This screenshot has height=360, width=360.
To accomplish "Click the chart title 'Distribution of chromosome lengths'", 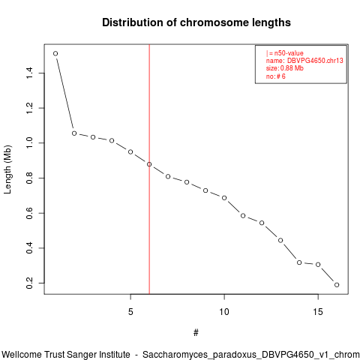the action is (196, 22).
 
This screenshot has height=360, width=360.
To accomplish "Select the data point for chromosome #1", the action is (55, 53).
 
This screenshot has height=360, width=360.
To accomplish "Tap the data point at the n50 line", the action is (149, 164).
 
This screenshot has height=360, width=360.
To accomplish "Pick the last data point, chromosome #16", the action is (337, 285).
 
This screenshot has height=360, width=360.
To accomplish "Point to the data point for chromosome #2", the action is (74, 133).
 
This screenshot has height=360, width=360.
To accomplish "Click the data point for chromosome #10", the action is (224, 198).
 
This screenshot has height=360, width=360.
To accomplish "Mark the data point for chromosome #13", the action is (280, 240).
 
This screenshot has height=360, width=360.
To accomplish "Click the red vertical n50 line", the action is (149, 169).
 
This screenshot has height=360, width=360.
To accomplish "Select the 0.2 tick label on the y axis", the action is (29, 283).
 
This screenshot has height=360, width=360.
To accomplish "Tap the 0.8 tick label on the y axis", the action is (29, 178).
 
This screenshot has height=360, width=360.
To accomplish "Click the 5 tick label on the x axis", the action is (130, 312).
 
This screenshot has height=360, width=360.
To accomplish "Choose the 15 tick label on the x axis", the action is (318, 312).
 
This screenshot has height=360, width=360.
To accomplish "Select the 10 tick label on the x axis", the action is (224, 312).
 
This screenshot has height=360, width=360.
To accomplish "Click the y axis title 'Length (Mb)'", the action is (7, 169).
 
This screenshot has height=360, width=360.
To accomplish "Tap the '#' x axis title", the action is (196, 333).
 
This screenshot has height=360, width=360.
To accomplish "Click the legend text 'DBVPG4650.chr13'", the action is (315, 61).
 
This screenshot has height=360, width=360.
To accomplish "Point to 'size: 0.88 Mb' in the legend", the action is (285, 68).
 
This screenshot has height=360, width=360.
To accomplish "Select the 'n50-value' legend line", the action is (285, 53).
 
